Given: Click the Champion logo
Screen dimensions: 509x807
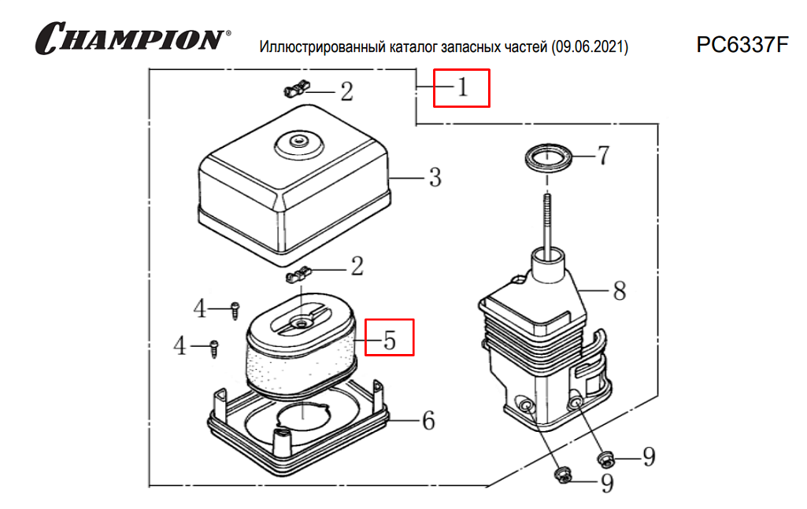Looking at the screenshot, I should [x=130, y=38].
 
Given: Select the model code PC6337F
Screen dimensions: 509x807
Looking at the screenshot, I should [x=742, y=44].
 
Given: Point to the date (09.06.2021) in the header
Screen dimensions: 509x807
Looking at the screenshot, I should [x=590, y=47].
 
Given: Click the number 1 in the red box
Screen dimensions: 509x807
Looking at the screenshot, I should [x=462, y=87].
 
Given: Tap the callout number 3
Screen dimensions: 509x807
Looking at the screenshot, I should [x=435, y=178].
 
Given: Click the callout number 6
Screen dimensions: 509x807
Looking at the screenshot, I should [x=428, y=421].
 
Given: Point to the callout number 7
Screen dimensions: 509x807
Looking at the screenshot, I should [x=602, y=156].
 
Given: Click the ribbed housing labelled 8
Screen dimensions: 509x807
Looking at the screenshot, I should [x=543, y=346].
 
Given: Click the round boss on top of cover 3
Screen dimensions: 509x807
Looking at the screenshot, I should [x=297, y=142].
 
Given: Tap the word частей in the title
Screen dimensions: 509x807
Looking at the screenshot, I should [x=524, y=47].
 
